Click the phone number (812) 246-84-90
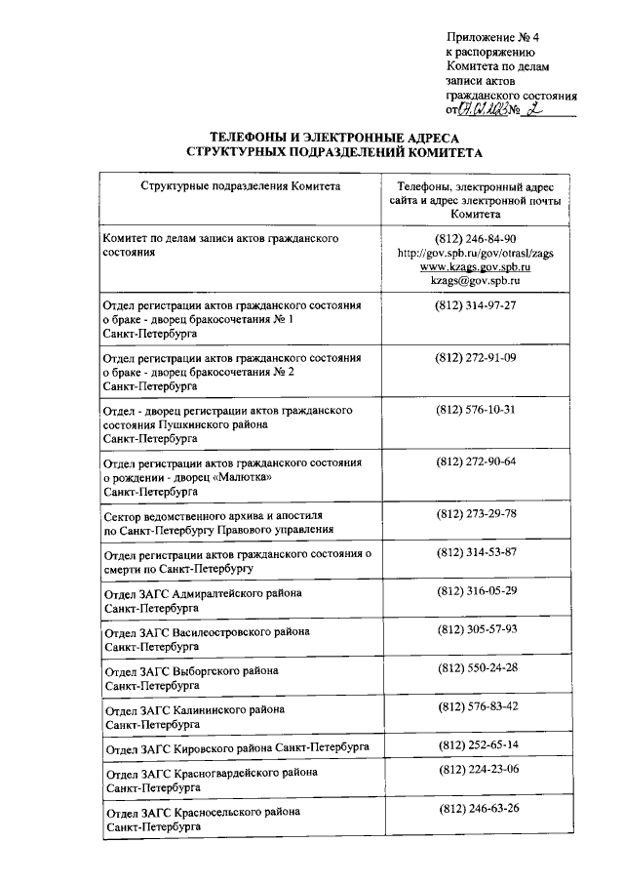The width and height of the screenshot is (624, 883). click(x=477, y=239)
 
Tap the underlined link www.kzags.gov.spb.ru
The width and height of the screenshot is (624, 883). click(x=477, y=266)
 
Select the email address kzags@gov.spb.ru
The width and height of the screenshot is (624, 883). click(x=477, y=280)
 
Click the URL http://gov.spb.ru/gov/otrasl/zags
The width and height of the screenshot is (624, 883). click(x=477, y=253)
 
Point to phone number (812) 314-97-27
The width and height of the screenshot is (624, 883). click(x=477, y=306)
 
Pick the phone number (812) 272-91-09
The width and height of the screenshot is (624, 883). click(x=477, y=358)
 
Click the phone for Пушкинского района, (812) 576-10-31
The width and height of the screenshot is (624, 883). click(x=477, y=409)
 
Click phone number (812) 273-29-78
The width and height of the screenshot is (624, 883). click(x=477, y=513)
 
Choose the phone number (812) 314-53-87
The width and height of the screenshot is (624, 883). click(x=477, y=552)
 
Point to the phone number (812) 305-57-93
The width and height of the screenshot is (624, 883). click(x=477, y=629)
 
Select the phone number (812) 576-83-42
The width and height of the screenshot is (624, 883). click(x=477, y=706)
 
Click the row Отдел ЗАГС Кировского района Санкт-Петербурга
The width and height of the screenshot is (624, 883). click(x=236, y=746)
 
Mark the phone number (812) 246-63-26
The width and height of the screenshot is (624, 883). click(x=477, y=810)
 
